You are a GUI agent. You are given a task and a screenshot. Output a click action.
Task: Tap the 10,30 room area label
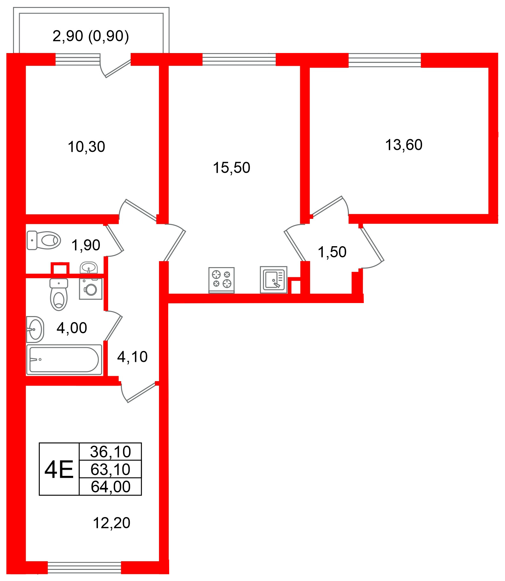click(86, 147)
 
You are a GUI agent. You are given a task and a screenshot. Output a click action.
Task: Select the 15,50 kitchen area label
click(232, 168)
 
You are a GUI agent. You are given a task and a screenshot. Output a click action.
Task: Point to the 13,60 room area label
click(404, 145)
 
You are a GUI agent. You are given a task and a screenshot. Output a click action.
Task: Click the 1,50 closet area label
click(332, 252)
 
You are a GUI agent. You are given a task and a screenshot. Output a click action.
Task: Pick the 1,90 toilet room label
click(86, 245)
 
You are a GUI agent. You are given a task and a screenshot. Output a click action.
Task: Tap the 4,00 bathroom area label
click(72, 328)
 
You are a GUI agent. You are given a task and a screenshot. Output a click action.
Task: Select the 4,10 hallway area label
click(132, 357)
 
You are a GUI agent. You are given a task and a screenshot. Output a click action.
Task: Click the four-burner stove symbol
click(221, 280)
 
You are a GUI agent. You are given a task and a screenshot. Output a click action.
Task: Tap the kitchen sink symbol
click(273, 280)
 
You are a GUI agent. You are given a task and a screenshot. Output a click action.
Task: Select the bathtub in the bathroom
click(64, 360)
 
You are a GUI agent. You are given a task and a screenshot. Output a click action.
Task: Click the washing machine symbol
click(91, 289)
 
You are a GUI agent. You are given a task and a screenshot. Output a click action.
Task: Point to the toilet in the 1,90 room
click(44, 240)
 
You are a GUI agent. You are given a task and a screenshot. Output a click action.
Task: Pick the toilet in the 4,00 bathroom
click(59, 294)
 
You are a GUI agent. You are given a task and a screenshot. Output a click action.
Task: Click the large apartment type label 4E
click(59, 470)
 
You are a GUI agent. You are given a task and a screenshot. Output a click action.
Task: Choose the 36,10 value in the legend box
click(110, 452)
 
